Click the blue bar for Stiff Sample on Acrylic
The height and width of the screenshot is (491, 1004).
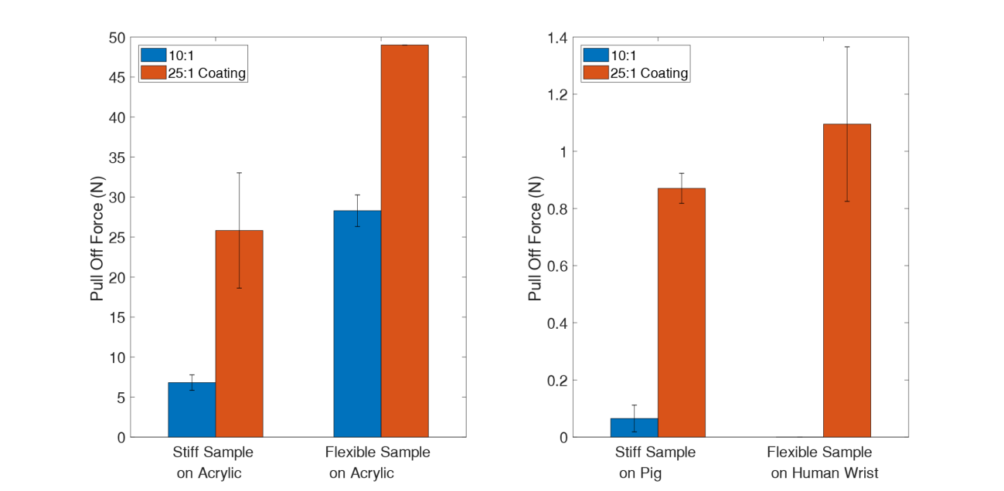192,410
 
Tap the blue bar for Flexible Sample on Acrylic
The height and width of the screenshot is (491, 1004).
357,324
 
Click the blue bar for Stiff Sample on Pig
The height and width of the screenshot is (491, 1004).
634,428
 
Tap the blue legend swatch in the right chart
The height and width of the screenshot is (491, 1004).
595,55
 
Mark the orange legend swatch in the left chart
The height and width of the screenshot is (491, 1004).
152,73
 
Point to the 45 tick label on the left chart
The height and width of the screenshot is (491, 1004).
116,77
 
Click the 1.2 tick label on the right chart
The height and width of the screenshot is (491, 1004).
557,95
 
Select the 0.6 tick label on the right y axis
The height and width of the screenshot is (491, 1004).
557,266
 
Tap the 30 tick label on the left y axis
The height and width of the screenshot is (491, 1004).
116,198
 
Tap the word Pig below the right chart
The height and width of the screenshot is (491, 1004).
650,473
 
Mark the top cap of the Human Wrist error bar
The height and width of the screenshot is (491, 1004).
847,46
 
